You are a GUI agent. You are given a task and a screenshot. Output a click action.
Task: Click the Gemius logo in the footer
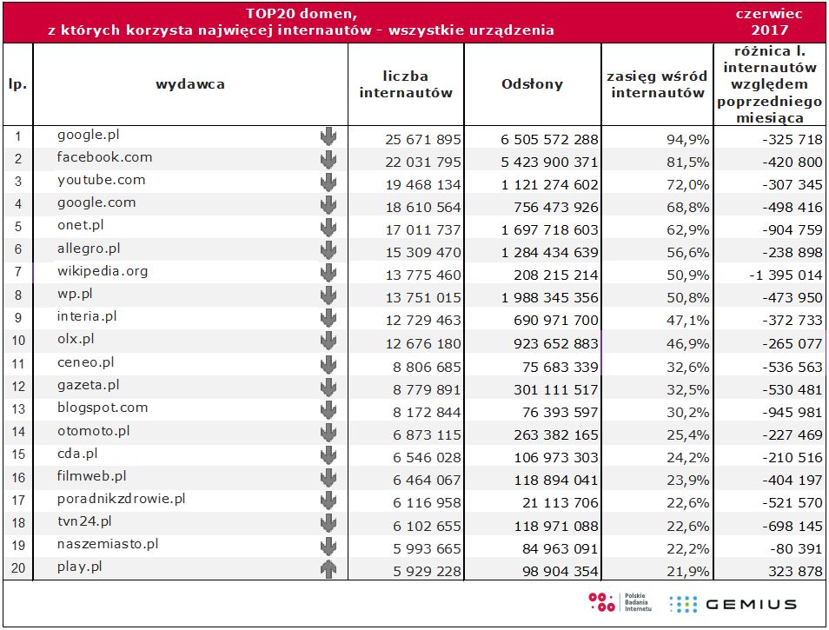733,604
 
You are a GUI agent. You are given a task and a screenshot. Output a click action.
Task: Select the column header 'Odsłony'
532,84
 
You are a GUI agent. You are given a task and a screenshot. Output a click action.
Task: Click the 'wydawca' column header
190,84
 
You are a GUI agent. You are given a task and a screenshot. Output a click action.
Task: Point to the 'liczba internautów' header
406,84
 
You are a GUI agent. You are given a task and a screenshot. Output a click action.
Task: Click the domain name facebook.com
104,157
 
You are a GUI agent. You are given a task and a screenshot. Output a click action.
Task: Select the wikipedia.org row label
103,271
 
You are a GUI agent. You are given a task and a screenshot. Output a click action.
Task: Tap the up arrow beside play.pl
328,570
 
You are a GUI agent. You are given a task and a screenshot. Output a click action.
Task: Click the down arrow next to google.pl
328,136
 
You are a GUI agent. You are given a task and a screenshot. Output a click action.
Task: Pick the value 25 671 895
424,139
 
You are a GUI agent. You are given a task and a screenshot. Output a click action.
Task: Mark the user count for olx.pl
424,343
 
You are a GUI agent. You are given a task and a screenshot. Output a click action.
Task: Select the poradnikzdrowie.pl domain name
121,499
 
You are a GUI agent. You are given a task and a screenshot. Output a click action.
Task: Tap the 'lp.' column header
17,85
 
